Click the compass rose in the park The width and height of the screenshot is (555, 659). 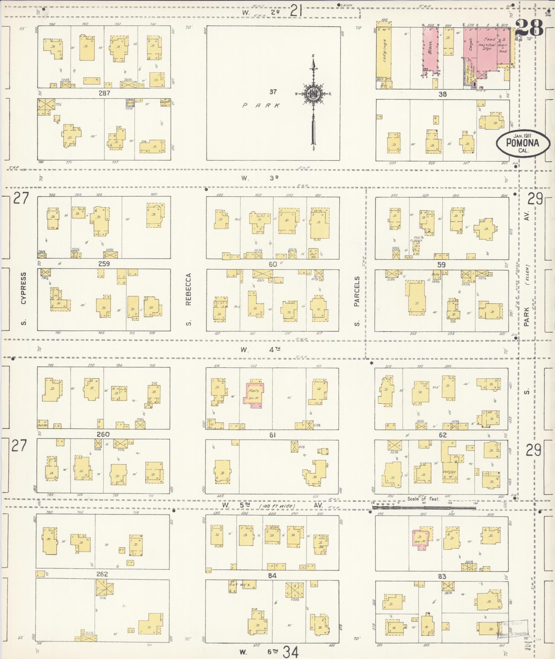pos(313,94)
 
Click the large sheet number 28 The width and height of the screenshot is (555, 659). pos(529,28)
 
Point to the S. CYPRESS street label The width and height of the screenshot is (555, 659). pos(23,298)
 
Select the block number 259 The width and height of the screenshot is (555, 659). pos(104,264)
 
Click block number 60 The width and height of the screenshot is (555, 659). pos(273,264)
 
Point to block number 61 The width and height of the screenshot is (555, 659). pos(273,435)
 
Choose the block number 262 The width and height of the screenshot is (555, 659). pos(102,574)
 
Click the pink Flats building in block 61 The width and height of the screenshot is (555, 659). pos(255,393)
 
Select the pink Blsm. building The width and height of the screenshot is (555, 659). pos(431,50)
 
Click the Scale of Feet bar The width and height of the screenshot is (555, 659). pos(424,507)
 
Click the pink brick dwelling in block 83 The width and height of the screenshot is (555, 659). pos(420,539)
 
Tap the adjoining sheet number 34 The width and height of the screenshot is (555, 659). pos(291,651)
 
